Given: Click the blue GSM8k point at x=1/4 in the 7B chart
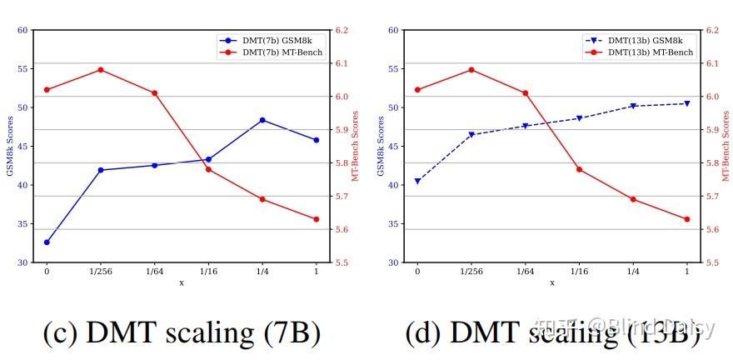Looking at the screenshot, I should (x=262, y=120).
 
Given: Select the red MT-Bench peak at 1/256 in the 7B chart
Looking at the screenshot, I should (x=101, y=70).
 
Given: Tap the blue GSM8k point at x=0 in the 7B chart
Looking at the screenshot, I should (x=47, y=242).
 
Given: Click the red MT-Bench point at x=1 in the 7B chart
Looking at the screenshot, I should (x=317, y=219).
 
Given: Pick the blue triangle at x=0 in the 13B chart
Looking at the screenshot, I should (x=417, y=181).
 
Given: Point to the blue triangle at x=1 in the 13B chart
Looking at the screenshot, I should (x=687, y=103).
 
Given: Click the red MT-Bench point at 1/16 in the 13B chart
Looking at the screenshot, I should (x=579, y=169).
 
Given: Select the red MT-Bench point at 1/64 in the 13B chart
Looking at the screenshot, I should (x=525, y=93).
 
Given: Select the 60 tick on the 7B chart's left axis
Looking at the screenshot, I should (x=22, y=30).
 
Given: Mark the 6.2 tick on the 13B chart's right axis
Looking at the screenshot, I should (x=711, y=30).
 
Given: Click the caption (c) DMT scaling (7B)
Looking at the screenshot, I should (x=182, y=332).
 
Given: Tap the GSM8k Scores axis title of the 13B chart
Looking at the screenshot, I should (x=380, y=146).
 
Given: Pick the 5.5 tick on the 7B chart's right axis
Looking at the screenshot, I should (x=341, y=262).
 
